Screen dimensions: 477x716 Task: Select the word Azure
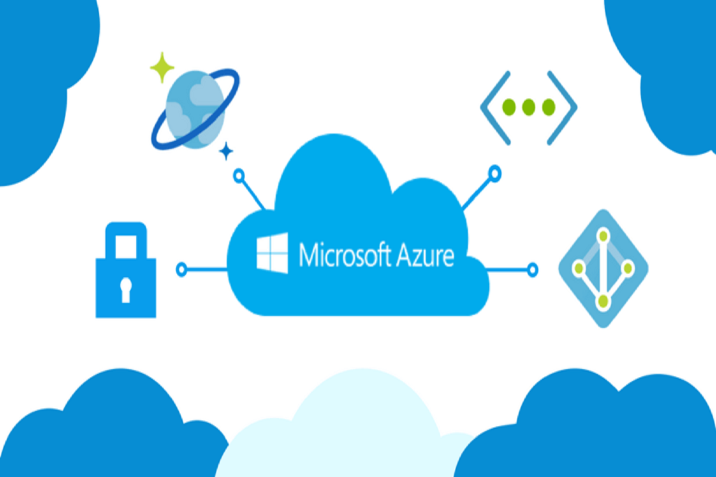tap(425, 255)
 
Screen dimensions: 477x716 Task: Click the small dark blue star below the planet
tap(226, 152)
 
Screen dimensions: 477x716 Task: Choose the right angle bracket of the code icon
tap(563, 107)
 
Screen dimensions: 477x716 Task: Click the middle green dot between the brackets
tap(529, 107)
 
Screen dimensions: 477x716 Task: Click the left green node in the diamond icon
tap(577, 268)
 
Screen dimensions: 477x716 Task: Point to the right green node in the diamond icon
tap(628, 268)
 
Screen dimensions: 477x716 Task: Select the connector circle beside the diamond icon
tap(532, 269)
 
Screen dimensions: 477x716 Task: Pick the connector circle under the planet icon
tap(239, 175)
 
